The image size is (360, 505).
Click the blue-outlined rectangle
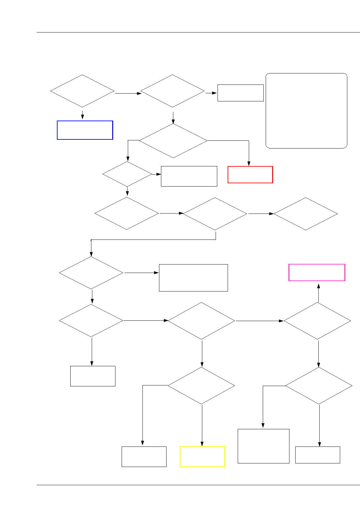[85, 130]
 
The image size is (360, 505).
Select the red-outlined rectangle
[250, 175]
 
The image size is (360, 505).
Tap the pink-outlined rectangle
[317, 272]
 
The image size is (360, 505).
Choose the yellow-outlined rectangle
[202, 457]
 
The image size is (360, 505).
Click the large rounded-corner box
[306, 111]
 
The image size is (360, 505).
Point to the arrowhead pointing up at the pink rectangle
[319, 286]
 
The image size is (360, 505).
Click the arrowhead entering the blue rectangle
[82, 117]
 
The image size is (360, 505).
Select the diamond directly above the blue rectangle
[82, 91]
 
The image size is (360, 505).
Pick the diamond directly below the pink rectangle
[317, 321]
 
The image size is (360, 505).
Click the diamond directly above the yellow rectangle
[201, 386]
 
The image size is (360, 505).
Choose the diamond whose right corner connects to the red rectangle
[173, 141]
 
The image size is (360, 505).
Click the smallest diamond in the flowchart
[127, 174]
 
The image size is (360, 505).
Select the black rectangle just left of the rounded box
[240, 93]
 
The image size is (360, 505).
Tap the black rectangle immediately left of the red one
[189, 176]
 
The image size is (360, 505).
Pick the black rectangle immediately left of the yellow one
[144, 457]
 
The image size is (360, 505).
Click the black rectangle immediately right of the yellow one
[263, 446]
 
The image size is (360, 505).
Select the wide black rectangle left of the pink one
[193, 278]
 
